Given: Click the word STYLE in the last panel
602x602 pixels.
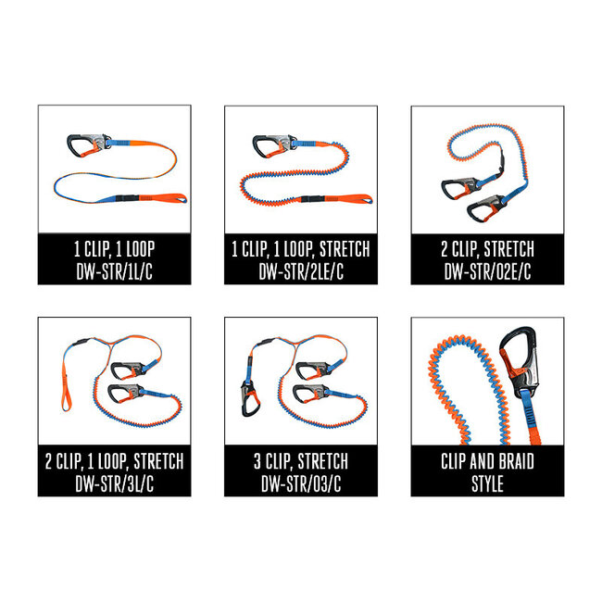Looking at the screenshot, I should coord(487,483).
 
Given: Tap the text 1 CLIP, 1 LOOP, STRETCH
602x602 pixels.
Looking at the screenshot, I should coord(300,249).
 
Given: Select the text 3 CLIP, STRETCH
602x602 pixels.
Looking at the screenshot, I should coord(300,460).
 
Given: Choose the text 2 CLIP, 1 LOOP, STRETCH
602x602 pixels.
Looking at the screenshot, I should coord(114,460).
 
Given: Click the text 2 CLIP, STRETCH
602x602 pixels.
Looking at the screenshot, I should coord(487,249).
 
